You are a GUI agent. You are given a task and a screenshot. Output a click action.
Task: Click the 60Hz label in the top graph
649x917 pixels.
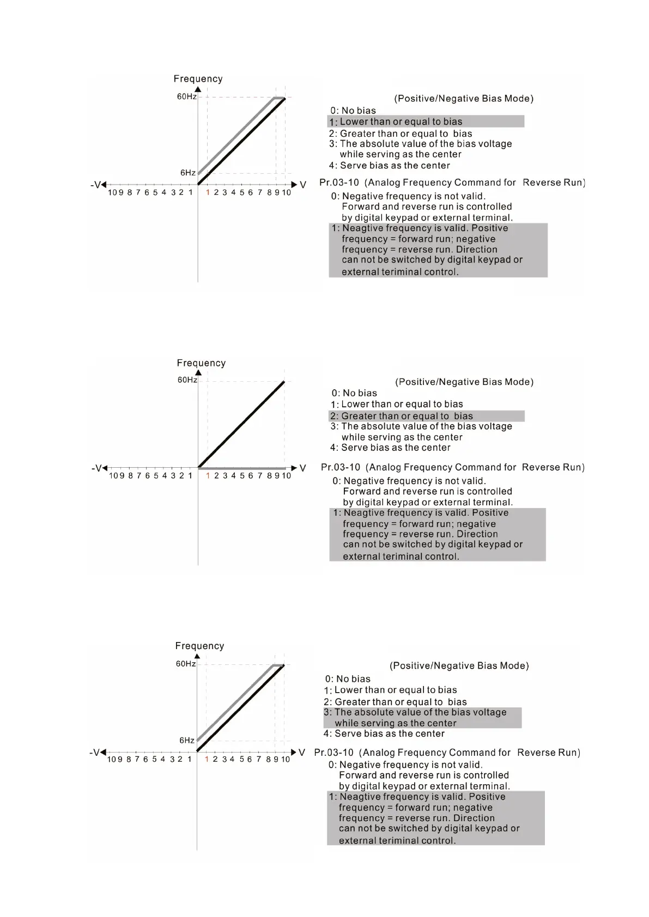pyautogui.click(x=186, y=97)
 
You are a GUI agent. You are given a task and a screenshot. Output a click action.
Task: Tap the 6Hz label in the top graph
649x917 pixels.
pyautogui.click(x=188, y=173)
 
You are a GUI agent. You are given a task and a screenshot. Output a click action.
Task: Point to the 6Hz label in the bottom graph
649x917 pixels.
pyautogui.click(x=187, y=741)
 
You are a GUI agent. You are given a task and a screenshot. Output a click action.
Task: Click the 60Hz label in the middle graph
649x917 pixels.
pyautogui.click(x=187, y=380)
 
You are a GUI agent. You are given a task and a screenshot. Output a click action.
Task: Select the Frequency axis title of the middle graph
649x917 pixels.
pyautogui.click(x=201, y=363)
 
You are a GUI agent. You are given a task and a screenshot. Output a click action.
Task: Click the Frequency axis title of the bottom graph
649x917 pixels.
pyautogui.click(x=199, y=646)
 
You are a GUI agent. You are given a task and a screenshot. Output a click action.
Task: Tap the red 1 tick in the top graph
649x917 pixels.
pyautogui.click(x=208, y=192)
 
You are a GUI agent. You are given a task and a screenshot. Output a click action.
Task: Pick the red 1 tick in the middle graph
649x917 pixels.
pyautogui.click(x=208, y=476)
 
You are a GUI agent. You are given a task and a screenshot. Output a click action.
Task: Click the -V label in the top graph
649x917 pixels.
pyautogui.click(x=95, y=185)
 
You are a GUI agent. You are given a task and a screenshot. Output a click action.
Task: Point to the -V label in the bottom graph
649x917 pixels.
pyautogui.click(x=94, y=753)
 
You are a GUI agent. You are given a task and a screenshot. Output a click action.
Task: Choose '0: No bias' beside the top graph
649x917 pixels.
pyautogui.click(x=353, y=111)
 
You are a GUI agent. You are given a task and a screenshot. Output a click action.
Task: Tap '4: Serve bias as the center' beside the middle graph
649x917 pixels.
pyautogui.click(x=390, y=448)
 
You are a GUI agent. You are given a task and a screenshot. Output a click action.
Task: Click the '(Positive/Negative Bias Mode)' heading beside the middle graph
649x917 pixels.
pyautogui.click(x=464, y=382)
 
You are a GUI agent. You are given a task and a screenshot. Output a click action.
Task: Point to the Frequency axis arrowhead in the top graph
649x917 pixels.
pyautogui.click(x=198, y=89)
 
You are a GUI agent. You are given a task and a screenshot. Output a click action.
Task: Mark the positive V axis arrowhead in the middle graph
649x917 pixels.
pyautogui.click(x=294, y=468)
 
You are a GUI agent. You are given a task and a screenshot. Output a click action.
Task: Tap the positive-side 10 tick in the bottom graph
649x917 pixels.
pyautogui.click(x=286, y=760)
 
